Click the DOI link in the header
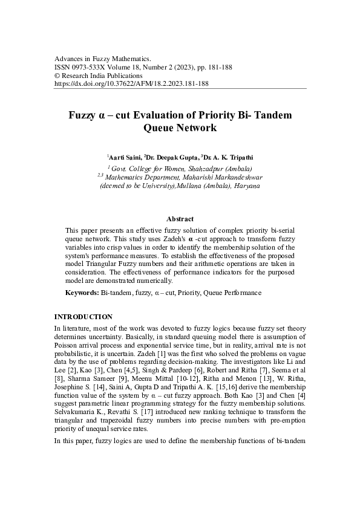(131, 84)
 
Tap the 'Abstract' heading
(180, 219)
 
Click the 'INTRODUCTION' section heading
(83, 317)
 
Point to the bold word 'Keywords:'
(82, 293)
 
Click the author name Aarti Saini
(125, 157)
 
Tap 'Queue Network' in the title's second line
(180, 128)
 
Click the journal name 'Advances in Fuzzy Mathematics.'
(102, 58)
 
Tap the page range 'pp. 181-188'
(217, 67)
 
